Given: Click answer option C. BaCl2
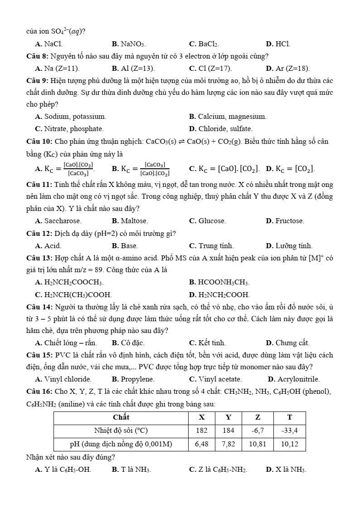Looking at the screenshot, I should (204, 44).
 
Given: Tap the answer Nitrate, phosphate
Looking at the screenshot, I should (69, 129).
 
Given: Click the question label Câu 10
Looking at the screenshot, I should (39, 142).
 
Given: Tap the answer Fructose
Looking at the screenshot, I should (285, 221).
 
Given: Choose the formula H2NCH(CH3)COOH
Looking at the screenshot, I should (73, 295).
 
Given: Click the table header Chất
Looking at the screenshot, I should (121, 417).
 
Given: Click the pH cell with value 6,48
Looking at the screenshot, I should (202, 444).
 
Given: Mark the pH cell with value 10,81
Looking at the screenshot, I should (258, 444).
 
